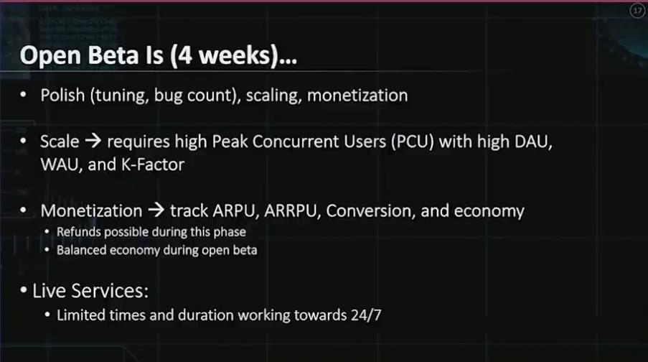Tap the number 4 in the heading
coord(185,56)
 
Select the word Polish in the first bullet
coord(63,96)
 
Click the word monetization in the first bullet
coord(357,96)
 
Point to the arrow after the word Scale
coord(93,141)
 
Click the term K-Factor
coord(153,164)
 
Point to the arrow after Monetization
coord(156,210)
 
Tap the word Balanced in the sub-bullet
coord(81,250)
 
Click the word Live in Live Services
coord(50,291)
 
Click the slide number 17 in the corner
coord(637,10)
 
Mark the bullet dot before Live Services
coord(24,290)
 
